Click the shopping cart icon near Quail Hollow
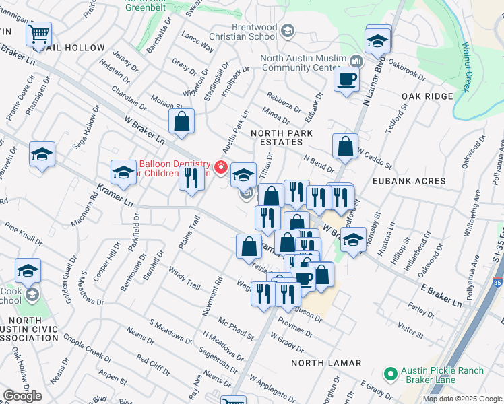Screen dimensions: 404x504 [39, 32]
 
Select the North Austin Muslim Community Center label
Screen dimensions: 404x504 [301, 63]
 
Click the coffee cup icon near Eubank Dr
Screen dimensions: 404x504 [348, 79]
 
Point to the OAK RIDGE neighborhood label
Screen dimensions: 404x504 [427, 96]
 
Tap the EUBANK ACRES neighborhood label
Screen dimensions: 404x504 [412, 181]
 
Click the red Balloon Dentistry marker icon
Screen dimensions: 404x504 [220, 167]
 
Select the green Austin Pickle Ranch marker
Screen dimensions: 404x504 [389, 373]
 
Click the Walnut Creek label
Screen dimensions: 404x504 [466, 67]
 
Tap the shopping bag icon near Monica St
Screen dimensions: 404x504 [181, 121]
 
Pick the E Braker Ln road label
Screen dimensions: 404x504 [438, 294]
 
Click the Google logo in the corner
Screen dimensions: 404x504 [22, 396]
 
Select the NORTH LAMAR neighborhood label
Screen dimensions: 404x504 [326, 363]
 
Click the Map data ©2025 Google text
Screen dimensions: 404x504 [462, 399]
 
